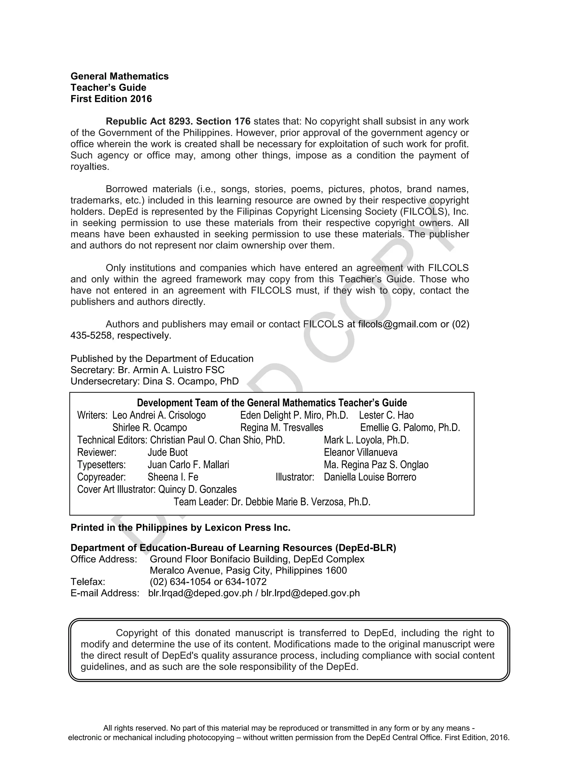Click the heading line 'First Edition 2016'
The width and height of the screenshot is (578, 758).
pyautogui.click(x=111, y=99)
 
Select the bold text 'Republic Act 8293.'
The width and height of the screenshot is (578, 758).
pyautogui.click(x=149, y=121)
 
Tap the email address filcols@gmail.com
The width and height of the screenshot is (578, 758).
pyautogui.click(x=397, y=324)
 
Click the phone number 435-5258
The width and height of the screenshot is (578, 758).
pyautogui.click(x=91, y=336)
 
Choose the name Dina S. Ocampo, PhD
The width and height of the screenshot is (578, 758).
pyautogui.click(x=191, y=382)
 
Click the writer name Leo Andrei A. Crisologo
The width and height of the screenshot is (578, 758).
pyautogui.click(x=159, y=415)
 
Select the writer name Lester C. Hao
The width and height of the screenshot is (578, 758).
pyautogui.click(x=386, y=415)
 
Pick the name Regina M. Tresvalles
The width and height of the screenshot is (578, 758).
pyautogui.click(x=281, y=428)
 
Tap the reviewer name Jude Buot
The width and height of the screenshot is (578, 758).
pyautogui.click(x=168, y=453)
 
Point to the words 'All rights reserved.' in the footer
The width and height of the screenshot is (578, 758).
pyautogui.click(x=135, y=728)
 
